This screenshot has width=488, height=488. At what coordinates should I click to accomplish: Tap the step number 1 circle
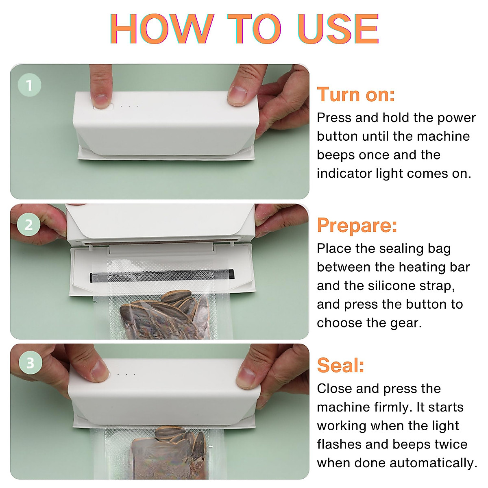[29, 85]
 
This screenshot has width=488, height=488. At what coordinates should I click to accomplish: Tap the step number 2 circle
[28, 225]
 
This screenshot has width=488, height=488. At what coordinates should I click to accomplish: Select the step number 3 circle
[30, 363]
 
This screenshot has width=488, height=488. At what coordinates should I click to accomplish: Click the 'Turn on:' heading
[356, 95]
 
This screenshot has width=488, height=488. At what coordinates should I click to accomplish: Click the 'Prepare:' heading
[357, 225]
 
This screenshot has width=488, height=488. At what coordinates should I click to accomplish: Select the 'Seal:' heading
[340, 365]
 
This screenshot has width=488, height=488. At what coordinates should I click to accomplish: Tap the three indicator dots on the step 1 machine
[129, 106]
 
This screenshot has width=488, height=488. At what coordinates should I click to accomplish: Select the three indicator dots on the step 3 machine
[126, 374]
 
